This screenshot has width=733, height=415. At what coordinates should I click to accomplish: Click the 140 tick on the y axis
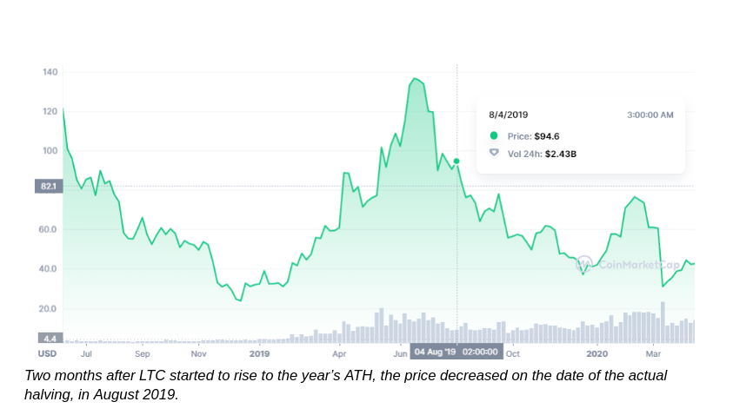(x=50, y=71)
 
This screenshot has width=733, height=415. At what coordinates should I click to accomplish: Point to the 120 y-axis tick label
(x=50, y=111)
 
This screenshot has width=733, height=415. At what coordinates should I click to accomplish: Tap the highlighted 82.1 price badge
(x=48, y=186)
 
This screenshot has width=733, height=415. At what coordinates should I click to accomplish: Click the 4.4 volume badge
(x=49, y=338)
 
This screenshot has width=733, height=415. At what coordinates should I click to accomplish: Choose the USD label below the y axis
(x=47, y=353)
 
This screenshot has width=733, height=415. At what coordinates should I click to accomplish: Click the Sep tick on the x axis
(x=142, y=353)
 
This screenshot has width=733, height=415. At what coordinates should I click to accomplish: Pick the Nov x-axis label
(x=198, y=353)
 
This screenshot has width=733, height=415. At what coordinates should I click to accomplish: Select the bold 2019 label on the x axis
(x=259, y=353)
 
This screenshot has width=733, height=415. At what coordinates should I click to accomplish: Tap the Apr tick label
(x=339, y=353)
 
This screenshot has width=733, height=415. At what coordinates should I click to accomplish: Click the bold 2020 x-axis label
(x=596, y=353)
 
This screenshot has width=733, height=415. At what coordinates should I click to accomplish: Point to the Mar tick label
(x=653, y=353)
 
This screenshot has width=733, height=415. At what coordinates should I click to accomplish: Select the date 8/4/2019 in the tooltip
(x=509, y=115)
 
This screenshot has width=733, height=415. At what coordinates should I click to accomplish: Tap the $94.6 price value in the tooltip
(x=546, y=135)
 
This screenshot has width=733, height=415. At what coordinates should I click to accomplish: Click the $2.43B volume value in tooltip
(x=561, y=154)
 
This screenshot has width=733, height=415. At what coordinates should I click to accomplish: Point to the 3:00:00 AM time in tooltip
(x=650, y=115)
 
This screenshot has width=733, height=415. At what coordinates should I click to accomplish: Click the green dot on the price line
(x=456, y=161)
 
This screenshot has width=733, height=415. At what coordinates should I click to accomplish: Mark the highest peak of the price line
(x=415, y=79)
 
